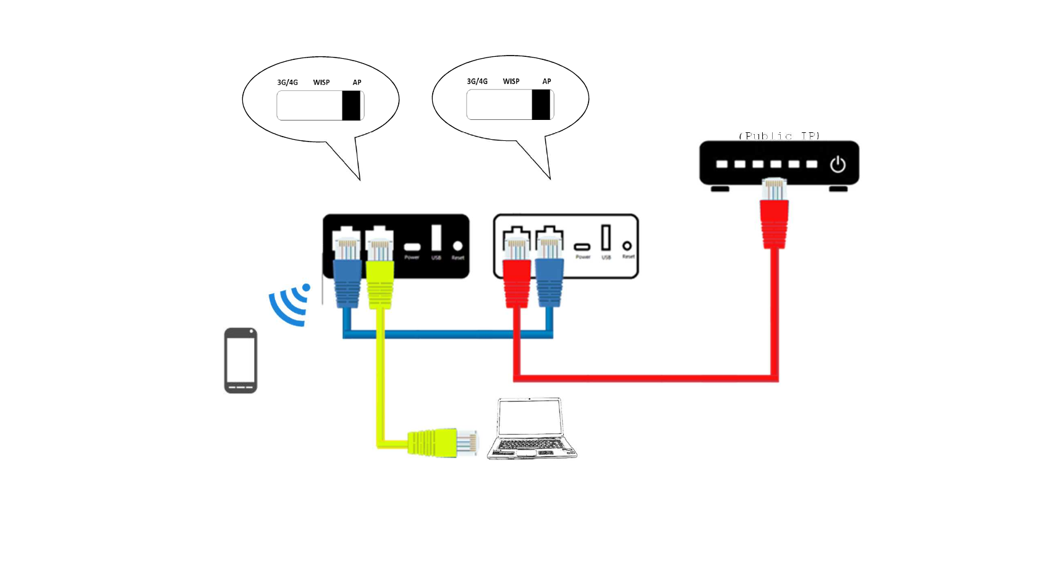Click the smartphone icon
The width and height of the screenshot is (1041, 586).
[240, 360]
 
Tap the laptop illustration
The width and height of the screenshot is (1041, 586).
[532, 428]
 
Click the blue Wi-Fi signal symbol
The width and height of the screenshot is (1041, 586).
[290, 304]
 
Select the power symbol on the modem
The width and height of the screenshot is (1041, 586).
[838, 164]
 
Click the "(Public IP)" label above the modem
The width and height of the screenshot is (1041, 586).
[779, 135]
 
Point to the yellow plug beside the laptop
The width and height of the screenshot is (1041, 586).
[443, 443]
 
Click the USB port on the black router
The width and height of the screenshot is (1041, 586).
[436, 238]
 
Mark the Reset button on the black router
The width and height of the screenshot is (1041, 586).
[457, 246]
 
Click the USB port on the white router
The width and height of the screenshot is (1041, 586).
[606, 237]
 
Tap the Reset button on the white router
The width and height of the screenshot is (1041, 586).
[627, 246]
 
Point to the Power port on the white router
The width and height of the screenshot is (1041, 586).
[582, 247]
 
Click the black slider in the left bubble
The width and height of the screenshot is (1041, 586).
[351, 106]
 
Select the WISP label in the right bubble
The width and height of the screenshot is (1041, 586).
[511, 82]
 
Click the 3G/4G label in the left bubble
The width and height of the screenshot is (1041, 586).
[287, 82]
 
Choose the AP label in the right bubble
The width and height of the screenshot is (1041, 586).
[546, 82]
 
